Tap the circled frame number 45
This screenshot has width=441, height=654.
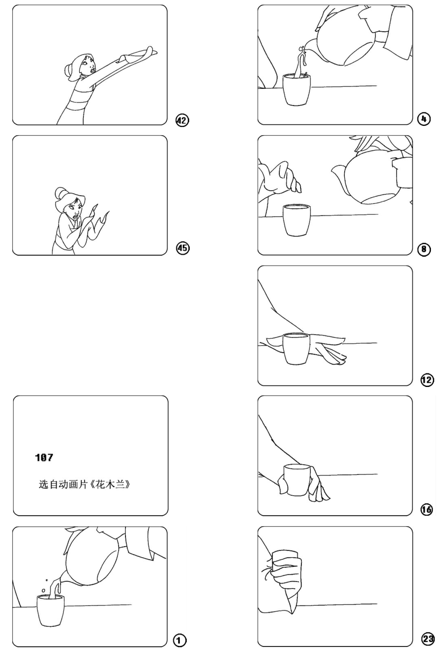tap(183, 248)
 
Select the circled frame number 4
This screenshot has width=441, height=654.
tap(424, 119)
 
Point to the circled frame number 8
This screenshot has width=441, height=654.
tap(424, 249)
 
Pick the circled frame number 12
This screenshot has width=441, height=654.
tap(427, 380)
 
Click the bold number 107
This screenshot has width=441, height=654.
tap(44, 457)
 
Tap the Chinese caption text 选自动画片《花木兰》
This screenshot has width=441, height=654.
tap(84, 485)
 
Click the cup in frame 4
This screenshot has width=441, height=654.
tap(297, 89)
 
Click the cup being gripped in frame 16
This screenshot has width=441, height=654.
tap(297, 480)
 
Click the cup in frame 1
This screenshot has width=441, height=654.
tap(51, 610)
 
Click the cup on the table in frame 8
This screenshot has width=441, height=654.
tap(297, 220)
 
